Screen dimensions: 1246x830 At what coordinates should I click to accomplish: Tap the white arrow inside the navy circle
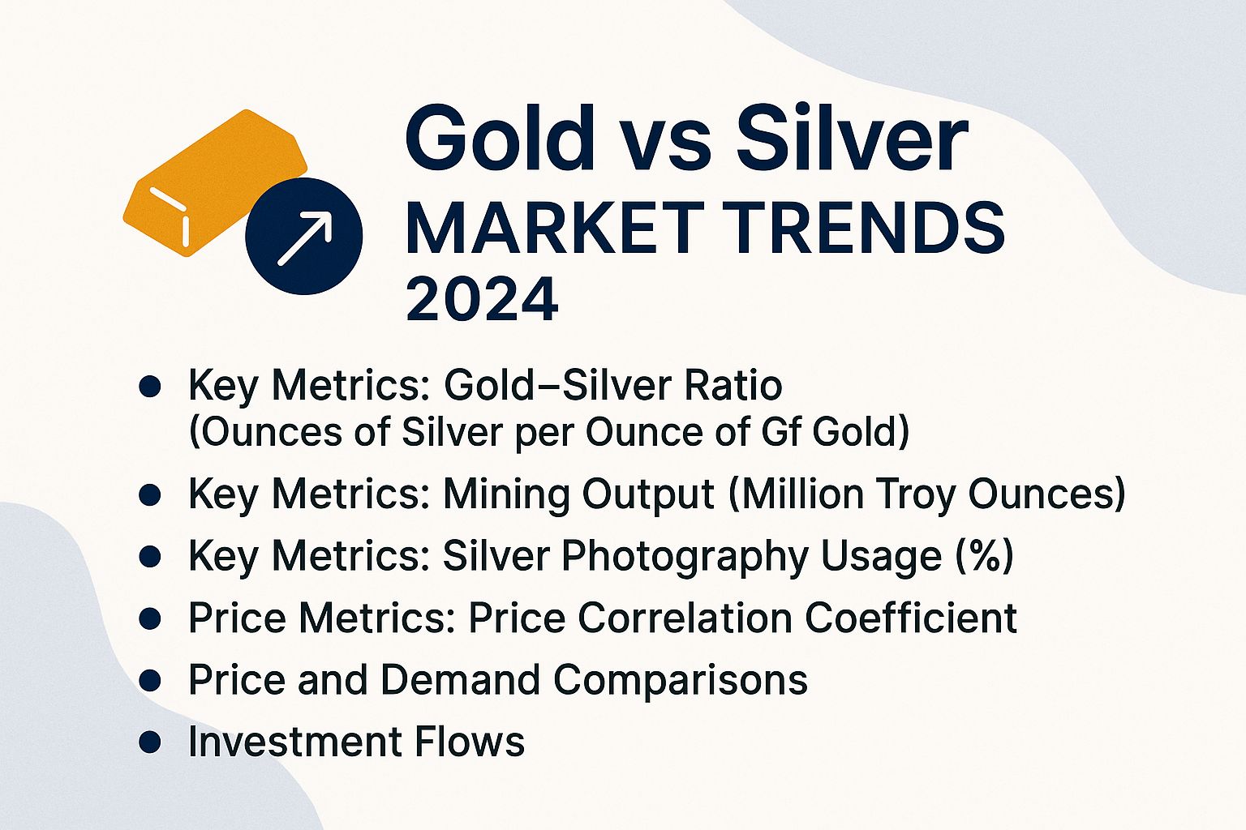click(x=304, y=237)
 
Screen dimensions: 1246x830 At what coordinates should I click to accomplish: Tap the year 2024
click(x=482, y=299)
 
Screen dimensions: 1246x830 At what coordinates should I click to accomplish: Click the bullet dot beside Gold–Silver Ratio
click(x=150, y=387)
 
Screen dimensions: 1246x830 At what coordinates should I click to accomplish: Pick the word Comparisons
click(x=681, y=680)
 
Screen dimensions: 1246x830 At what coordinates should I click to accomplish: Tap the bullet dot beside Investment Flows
click(x=150, y=742)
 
